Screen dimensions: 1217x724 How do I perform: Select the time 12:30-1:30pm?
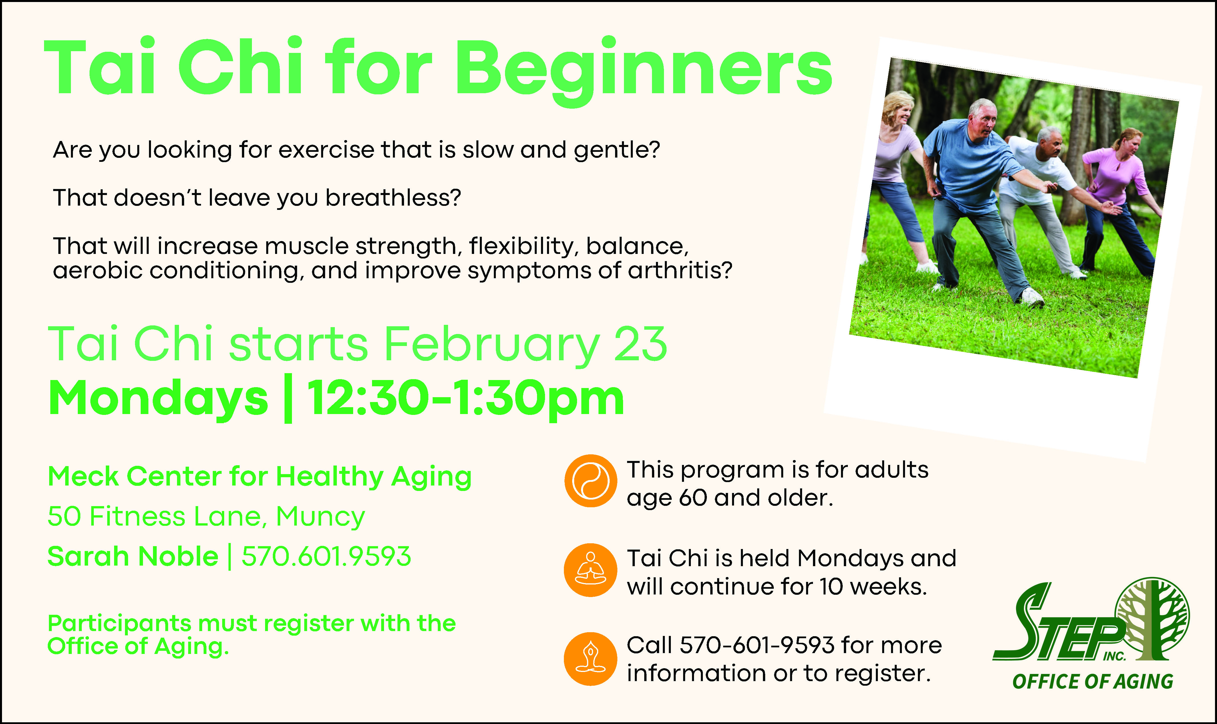pos(466,399)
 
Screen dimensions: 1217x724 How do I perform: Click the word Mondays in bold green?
pos(158,399)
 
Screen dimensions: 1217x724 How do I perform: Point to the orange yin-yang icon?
pos(590,481)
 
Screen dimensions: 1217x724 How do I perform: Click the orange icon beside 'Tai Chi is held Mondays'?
pos(590,570)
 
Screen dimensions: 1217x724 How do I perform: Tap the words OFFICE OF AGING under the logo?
pos(1093,682)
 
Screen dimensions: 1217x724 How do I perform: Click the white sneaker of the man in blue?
pos(1032,296)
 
